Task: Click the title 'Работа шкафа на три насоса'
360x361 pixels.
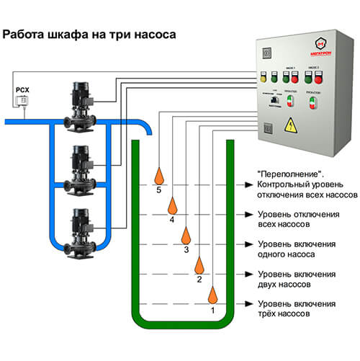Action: tap(90, 34)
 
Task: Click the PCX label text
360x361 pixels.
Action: tap(22, 91)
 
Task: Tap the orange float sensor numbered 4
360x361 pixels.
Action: tap(171, 205)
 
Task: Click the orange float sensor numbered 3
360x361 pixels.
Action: tap(186, 235)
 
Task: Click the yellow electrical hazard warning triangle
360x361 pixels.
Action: tap(291, 123)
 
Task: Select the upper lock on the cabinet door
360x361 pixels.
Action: tap(266, 54)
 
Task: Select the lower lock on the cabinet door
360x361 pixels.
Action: tap(266, 130)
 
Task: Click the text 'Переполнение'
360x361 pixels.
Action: tap(286, 175)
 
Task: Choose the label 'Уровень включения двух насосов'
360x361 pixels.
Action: tap(295, 280)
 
